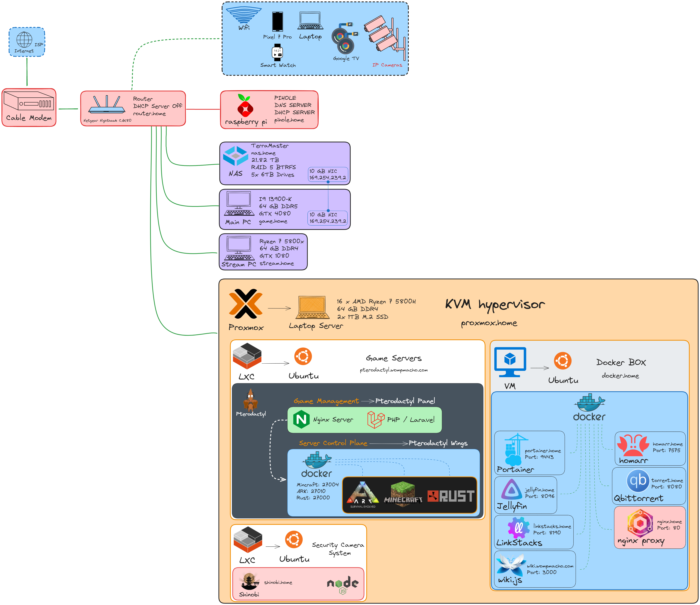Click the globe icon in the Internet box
tap(24, 40)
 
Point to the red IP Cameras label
tap(387, 65)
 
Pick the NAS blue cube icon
tap(235, 156)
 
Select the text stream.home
tap(277, 264)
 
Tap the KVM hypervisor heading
tap(495, 304)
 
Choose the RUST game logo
tap(451, 496)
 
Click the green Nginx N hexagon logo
tap(301, 420)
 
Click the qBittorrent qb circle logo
tap(638, 481)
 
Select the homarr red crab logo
tap(633, 445)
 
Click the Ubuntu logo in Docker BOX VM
tap(563, 361)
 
